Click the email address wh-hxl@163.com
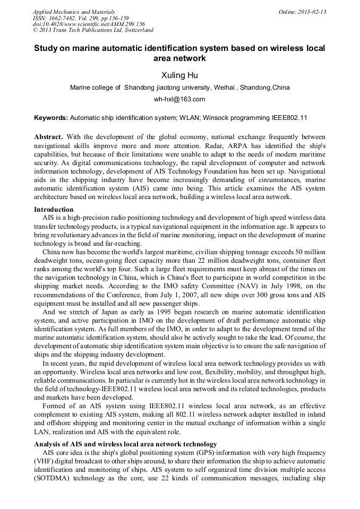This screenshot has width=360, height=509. pyautogui.click(x=179, y=99)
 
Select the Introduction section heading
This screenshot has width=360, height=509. pyautogui.click(x=54, y=210)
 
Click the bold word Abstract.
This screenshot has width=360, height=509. pyautogui.click(x=48, y=136)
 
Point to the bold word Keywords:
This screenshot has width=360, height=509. pyautogui.click(x=50, y=117)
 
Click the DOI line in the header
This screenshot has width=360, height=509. pyautogui.click(x=89, y=24)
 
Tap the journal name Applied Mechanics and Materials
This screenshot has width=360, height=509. pyautogui.click(x=73, y=12)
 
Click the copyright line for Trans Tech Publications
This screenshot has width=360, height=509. pyautogui.click(x=93, y=30)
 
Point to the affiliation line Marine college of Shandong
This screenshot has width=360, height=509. pyautogui.click(x=179, y=88)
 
